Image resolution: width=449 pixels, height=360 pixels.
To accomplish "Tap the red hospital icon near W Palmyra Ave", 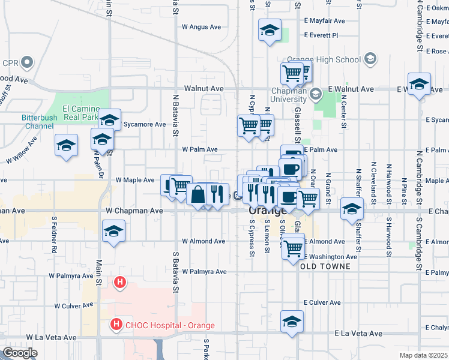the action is click(x=120, y=281).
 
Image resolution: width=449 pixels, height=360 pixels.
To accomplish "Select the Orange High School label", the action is click(x=324, y=60).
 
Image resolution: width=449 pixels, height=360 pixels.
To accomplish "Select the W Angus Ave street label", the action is click(x=202, y=26).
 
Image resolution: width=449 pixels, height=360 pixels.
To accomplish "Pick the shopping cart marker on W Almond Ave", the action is click(x=293, y=247).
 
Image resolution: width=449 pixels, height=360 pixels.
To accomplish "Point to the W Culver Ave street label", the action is click(x=74, y=305).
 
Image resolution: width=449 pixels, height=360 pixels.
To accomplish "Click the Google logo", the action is click(x=20, y=353).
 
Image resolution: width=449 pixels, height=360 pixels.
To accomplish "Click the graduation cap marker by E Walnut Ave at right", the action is click(x=419, y=83).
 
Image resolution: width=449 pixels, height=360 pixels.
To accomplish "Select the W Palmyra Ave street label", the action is click(x=71, y=276).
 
